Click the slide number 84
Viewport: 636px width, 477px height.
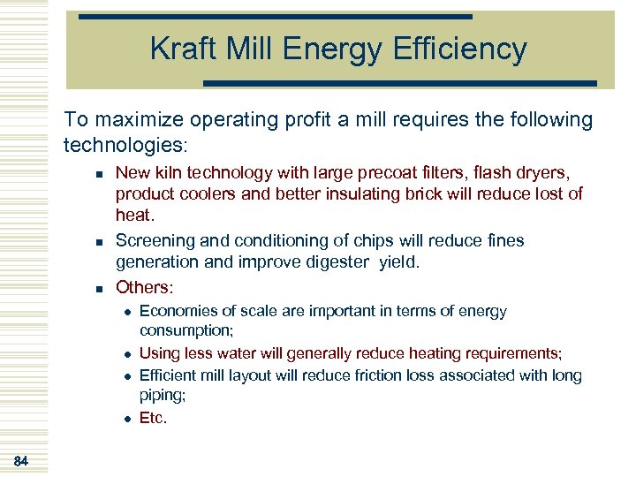[21, 460]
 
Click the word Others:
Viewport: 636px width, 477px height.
[145, 287]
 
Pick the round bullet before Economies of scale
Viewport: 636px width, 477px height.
[126, 312]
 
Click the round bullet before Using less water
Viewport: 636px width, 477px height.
[126, 354]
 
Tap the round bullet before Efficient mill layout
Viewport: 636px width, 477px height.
[126, 376]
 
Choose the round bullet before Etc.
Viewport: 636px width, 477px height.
[126, 419]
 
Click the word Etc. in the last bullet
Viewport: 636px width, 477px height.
[153, 418]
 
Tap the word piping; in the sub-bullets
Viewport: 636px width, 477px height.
[162, 397]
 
